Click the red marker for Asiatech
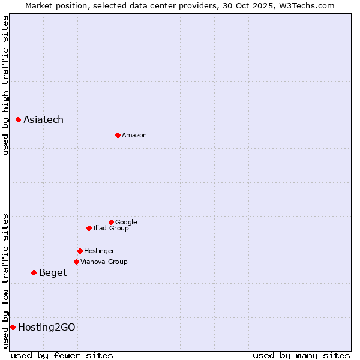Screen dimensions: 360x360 click(19, 120)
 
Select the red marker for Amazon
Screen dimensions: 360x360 click(118, 135)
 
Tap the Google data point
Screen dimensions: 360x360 click(111, 222)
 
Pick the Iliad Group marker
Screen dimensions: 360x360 click(89, 228)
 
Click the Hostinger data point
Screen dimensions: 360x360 click(80, 251)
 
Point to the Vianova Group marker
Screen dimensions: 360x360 click(76, 262)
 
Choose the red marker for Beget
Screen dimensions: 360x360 click(34, 273)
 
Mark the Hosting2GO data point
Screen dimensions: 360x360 click(13, 327)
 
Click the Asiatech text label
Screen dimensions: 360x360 click(43, 120)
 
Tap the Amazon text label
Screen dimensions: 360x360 click(134, 136)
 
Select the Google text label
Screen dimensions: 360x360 click(126, 223)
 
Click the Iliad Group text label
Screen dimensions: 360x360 click(111, 229)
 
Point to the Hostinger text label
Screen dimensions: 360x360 click(99, 251)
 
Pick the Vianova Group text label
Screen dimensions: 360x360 click(104, 262)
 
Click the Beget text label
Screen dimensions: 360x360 click(53, 273)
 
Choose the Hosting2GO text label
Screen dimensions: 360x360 click(47, 328)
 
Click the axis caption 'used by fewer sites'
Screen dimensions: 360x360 click(62, 355)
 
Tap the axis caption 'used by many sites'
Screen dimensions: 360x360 click(301, 355)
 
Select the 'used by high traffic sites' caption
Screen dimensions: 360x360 click(6, 85)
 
